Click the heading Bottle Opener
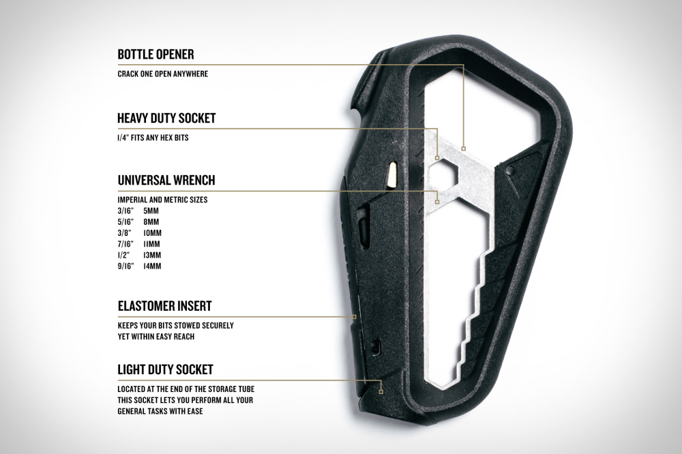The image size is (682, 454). pos(155,55)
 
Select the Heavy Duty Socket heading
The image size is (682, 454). pos(166,118)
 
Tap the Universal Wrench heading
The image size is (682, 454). pos(166,180)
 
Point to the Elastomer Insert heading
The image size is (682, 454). pos(164,305)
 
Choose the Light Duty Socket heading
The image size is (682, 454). pos(165,369)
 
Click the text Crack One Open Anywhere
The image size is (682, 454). pos(163,74)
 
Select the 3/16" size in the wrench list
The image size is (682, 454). pos(125,211)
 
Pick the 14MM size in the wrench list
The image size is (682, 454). pos(152,266)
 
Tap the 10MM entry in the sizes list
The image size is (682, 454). pos(152,233)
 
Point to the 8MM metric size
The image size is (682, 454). pos(151,222)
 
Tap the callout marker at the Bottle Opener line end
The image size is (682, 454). pos(464,149)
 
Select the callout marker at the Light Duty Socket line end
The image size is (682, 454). pos(381,392)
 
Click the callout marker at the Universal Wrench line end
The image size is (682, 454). pos(438,202)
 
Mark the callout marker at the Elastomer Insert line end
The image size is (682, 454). pos(355,317)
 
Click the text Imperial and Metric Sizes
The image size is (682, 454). pos(162,200)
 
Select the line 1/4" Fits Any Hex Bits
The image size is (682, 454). pos(153,138)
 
